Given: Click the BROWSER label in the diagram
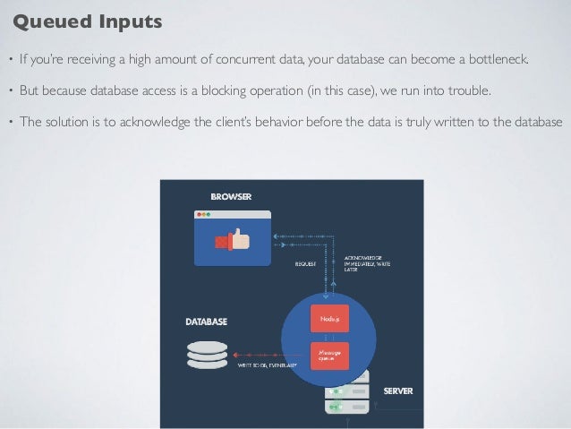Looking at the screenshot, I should pos(230,195).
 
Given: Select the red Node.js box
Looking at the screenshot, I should pos(328,318).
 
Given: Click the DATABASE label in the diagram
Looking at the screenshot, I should pos(206,321).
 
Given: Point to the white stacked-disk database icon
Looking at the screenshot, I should pos(207,354).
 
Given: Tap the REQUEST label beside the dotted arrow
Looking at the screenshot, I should pos(306,263).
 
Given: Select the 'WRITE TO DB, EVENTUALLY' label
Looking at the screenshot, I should pos(268,365).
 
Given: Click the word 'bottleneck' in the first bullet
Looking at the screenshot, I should pos(498,62).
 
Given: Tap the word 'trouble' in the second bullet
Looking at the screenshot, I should pos(468,91).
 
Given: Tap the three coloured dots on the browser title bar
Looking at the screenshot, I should pos(203,215).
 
